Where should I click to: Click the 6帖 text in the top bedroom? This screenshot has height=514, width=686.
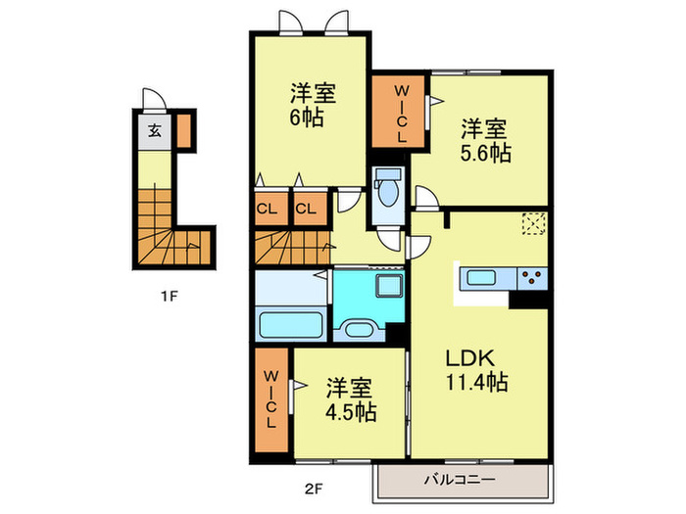311,118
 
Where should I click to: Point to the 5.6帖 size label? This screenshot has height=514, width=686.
486,154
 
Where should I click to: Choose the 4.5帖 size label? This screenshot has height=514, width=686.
351,410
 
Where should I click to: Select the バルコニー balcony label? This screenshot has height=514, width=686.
459,480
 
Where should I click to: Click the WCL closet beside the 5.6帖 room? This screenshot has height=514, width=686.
400,116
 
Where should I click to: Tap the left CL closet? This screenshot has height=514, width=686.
267,209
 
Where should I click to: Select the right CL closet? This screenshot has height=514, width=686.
306,209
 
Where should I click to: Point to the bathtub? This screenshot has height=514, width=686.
291,323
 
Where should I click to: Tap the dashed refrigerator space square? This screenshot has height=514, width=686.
534,224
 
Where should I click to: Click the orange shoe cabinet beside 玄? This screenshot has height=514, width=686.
184,130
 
